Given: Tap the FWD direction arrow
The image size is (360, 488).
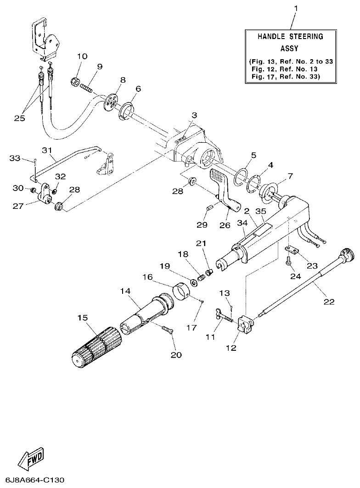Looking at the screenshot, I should coord(31,457).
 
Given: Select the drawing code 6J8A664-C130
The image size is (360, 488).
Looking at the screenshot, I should coord(33,480).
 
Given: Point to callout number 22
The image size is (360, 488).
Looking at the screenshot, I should coord(329,302).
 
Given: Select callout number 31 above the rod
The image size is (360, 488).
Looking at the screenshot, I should coord(47,150).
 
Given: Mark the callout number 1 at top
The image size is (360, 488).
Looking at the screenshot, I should coord(296,8).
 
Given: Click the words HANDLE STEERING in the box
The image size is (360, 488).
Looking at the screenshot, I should coord(290,36).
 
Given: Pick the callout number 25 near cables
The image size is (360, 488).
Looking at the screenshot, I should coord(19,118).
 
